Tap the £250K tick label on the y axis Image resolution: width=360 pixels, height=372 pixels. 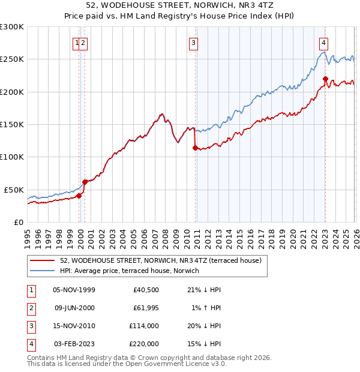click(12, 59)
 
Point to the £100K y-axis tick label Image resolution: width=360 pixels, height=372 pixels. click(12, 157)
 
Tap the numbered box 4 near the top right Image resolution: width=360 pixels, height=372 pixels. click(323, 43)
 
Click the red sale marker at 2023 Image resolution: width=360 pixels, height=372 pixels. click(325, 79)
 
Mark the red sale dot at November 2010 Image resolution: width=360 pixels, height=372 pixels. click(195, 148)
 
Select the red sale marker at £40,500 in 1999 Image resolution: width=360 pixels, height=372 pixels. click(79, 196)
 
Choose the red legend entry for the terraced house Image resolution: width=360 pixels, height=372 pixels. click(160, 261)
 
